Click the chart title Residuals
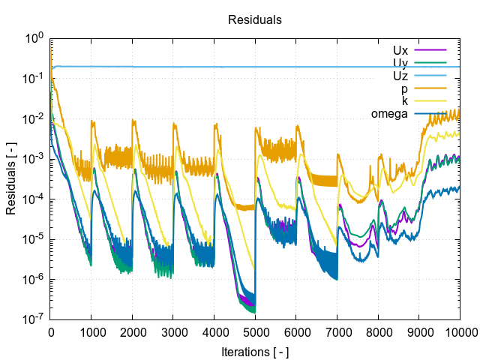255,20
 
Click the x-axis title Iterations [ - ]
255,351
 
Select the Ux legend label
400,50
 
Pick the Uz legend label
400,76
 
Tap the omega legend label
389,114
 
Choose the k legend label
405,101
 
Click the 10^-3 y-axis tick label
34,159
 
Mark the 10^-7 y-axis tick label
34,319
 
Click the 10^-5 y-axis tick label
34,239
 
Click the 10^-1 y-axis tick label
34,79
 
